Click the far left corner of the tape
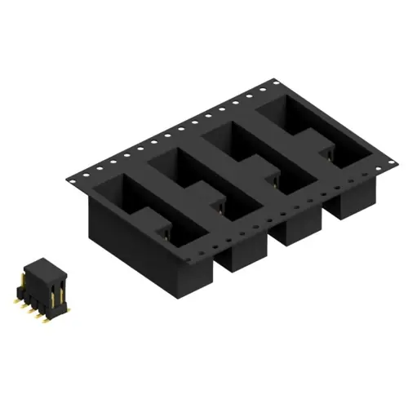[x=67, y=177]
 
